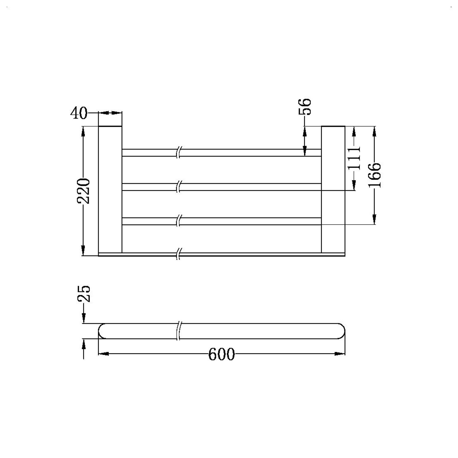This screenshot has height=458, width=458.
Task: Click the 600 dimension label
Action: pyautogui.click(x=221, y=354)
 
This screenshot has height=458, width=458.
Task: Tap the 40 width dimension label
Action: pyautogui.click(x=79, y=113)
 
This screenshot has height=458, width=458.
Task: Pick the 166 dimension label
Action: pyautogui.click(x=374, y=175)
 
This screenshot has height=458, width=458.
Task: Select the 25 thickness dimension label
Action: pyautogui.click(x=84, y=294)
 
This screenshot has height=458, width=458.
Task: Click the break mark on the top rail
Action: pyautogui.click(x=179, y=152)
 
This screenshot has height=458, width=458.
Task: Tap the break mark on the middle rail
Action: pyautogui.click(x=179, y=187)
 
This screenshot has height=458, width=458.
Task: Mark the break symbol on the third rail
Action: pyautogui.click(x=179, y=221)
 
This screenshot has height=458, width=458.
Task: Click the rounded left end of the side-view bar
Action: pyautogui.click(x=102, y=331)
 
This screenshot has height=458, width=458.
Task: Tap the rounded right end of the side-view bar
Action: pyautogui.click(x=341, y=331)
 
